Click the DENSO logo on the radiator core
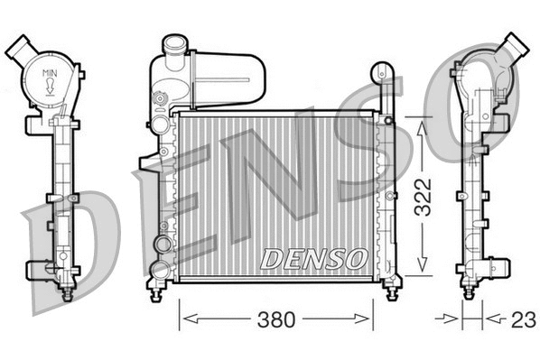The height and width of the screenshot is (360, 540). tap(312, 258)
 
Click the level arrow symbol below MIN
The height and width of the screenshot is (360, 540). tap(51, 87)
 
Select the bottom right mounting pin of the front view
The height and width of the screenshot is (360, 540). tap(390, 290)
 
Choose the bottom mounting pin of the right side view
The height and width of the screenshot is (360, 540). tap(470, 290)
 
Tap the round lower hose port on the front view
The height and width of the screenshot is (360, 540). tap(161, 245)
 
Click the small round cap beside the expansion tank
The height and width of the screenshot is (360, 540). tap(162, 98)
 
